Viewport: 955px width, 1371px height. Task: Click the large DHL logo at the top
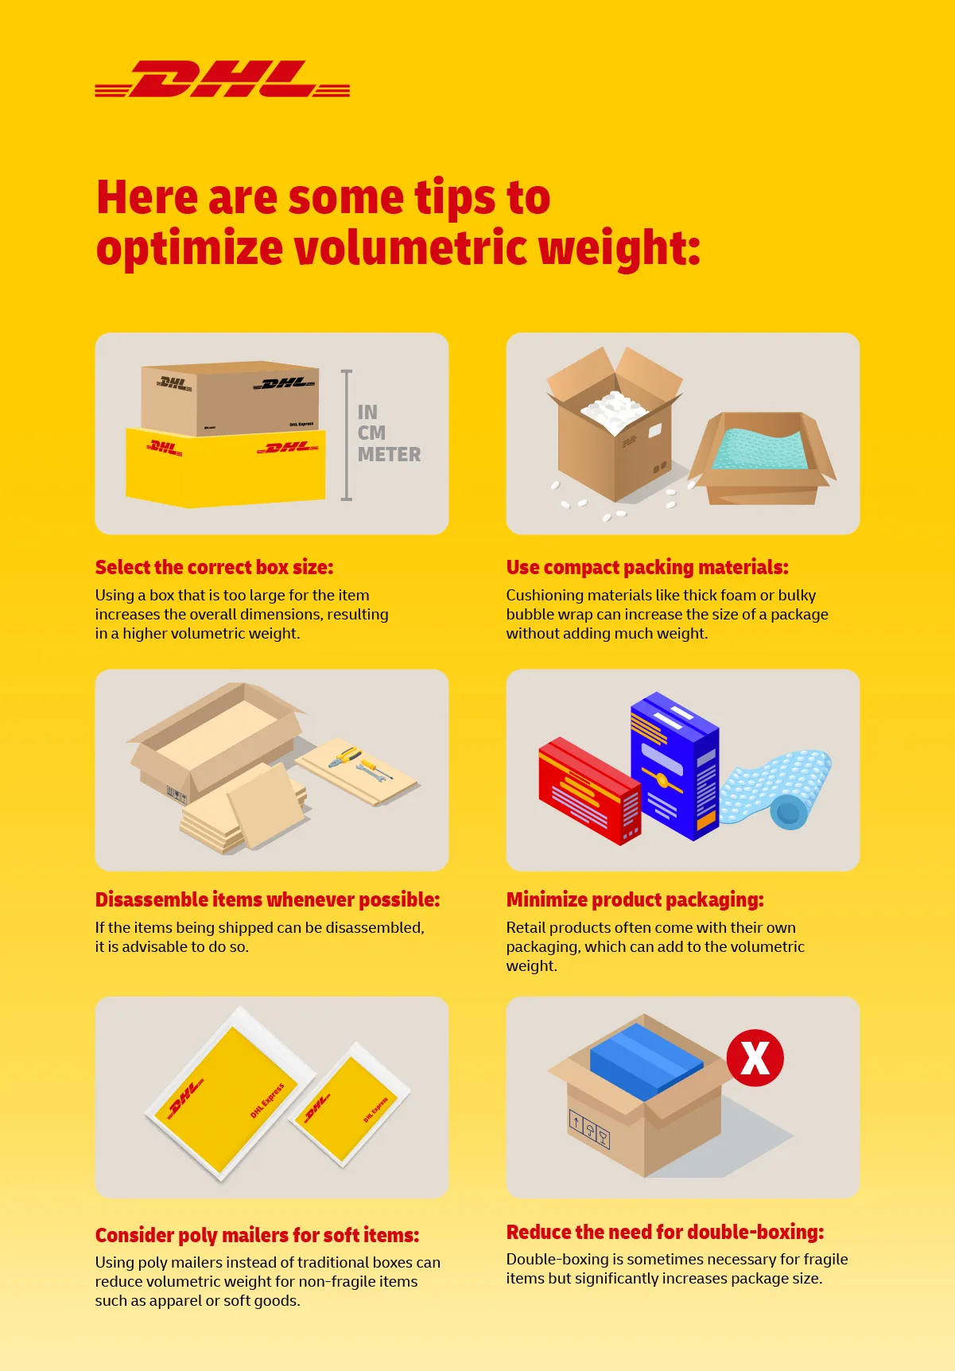point(223,80)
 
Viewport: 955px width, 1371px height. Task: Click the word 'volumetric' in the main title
point(410,247)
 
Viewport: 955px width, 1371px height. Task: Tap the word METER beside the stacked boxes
point(389,455)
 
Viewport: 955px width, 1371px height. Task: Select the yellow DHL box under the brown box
point(226,468)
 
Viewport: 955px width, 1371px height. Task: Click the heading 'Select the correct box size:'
point(214,567)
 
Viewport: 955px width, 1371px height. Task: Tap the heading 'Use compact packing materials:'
point(646,567)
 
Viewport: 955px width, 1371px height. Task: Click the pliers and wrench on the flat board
point(360,764)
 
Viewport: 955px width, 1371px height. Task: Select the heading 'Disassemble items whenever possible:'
point(267,899)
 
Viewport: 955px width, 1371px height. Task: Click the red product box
point(588,791)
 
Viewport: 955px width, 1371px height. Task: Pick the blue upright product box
point(674,767)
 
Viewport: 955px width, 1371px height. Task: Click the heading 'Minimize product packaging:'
point(635,899)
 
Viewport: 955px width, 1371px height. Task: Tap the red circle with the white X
point(755,1058)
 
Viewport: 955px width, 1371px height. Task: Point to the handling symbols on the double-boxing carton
point(589,1128)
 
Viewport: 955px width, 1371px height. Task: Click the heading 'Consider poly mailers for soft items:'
point(257,1235)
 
